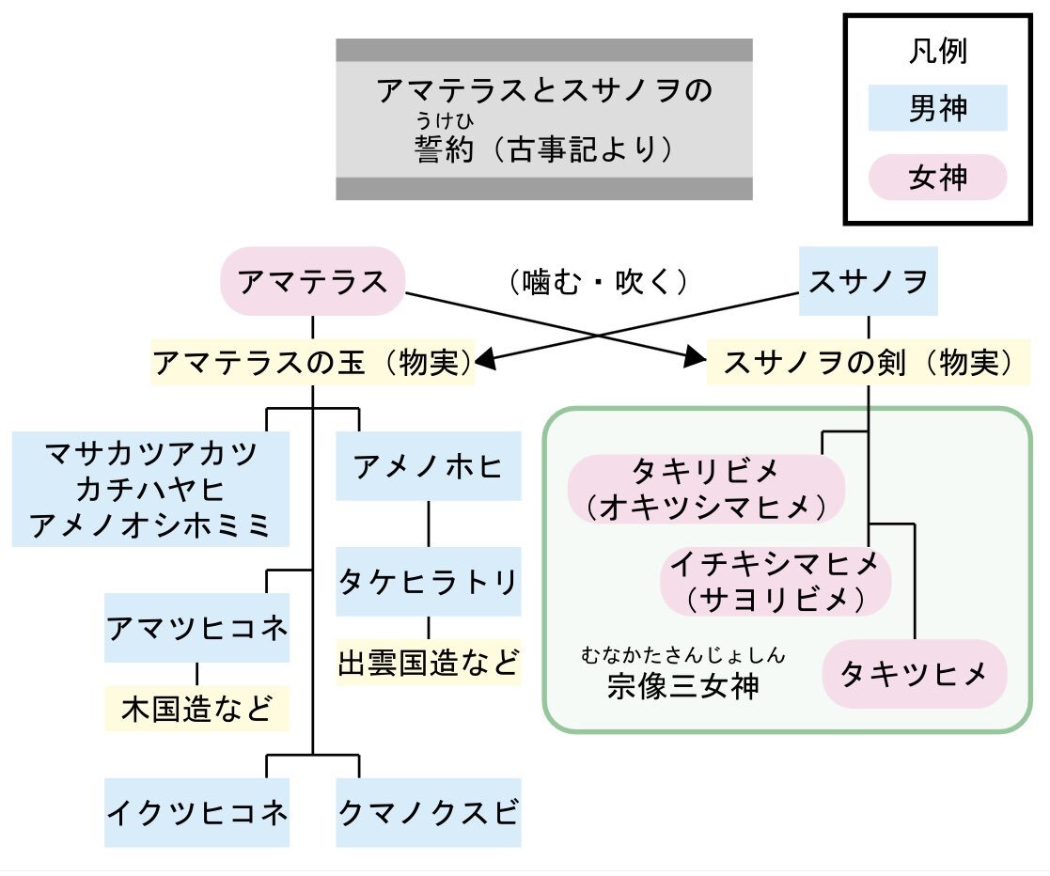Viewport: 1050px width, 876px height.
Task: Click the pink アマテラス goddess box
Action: coord(312,281)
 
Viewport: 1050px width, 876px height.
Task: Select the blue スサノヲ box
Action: coord(868,281)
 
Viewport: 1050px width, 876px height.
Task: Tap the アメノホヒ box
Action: coord(429,465)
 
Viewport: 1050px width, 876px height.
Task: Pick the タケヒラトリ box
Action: coord(429,582)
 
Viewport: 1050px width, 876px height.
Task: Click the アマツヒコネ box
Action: coord(196,627)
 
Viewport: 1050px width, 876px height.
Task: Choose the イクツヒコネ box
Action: coord(196,812)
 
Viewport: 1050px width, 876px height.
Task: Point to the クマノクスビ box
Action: coord(429,812)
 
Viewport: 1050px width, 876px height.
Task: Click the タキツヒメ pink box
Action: coord(914,674)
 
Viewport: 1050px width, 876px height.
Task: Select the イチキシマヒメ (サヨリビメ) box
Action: coord(775,582)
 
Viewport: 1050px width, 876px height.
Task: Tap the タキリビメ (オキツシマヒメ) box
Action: coord(706,489)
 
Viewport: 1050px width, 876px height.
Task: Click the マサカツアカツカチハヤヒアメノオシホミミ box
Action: coord(150,489)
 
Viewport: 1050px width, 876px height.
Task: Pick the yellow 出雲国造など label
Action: coord(429,664)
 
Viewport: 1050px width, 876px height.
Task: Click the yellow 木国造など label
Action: coord(196,710)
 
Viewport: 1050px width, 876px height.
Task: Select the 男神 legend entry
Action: coord(937,108)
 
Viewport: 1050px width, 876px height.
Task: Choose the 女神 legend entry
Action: coord(937,177)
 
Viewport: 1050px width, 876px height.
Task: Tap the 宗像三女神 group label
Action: coord(682,686)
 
